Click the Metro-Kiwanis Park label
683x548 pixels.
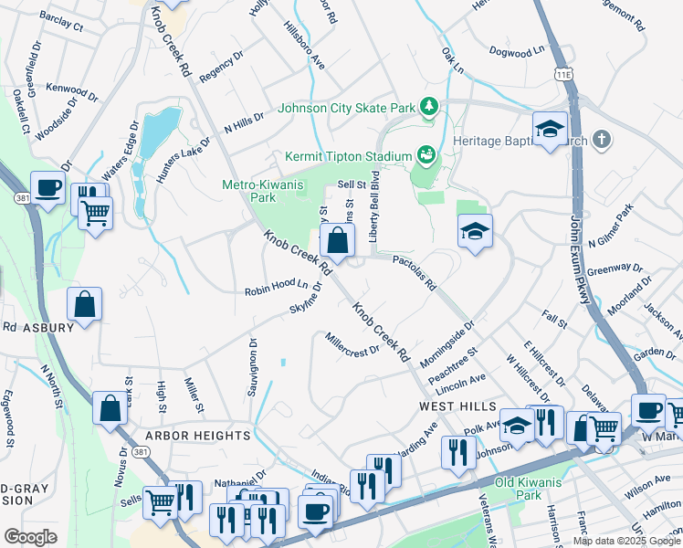[x=262, y=190]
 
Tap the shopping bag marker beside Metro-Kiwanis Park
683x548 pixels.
[x=337, y=242]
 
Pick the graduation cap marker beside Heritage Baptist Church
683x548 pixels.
[x=551, y=130]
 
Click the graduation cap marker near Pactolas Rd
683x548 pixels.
[x=475, y=232]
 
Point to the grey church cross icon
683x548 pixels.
[x=601, y=139]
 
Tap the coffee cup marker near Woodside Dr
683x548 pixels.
[x=48, y=189]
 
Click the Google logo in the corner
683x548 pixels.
[x=30, y=536]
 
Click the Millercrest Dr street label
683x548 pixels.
[x=352, y=345]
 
